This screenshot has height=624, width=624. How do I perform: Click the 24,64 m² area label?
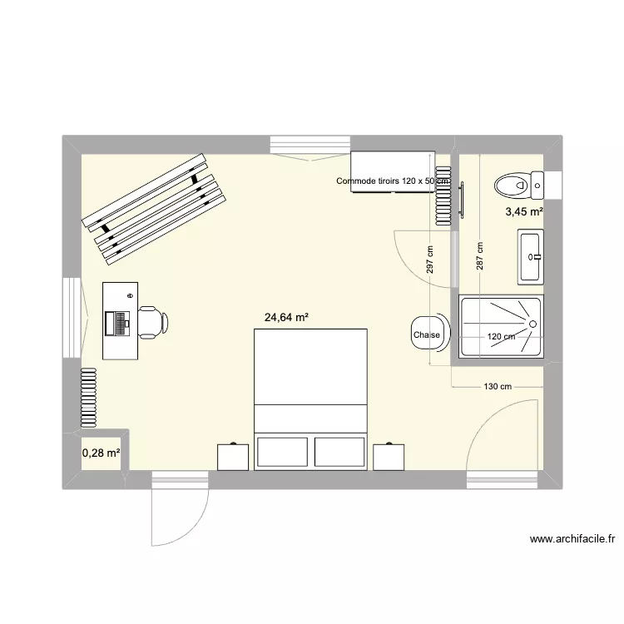(x=286, y=317)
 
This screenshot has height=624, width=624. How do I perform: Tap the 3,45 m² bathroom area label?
(x=523, y=212)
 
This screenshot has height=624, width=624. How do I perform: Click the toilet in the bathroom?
(x=513, y=182)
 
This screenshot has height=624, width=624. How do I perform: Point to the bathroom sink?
(x=530, y=257)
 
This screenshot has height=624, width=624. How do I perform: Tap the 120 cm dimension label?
(x=501, y=337)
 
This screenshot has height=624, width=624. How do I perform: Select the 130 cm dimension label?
(x=497, y=386)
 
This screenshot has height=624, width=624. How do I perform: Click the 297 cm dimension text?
(x=430, y=260)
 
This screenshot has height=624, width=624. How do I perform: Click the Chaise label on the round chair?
(x=426, y=335)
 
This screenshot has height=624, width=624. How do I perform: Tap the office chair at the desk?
(x=152, y=322)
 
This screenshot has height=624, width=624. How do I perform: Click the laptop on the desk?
(x=120, y=322)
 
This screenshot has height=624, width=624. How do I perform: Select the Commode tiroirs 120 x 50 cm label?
(x=393, y=181)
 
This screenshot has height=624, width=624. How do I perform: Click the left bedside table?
(x=233, y=457)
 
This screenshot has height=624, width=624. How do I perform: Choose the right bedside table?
(x=389, y=457)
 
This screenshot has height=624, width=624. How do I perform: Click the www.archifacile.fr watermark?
(x=572, y=539)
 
